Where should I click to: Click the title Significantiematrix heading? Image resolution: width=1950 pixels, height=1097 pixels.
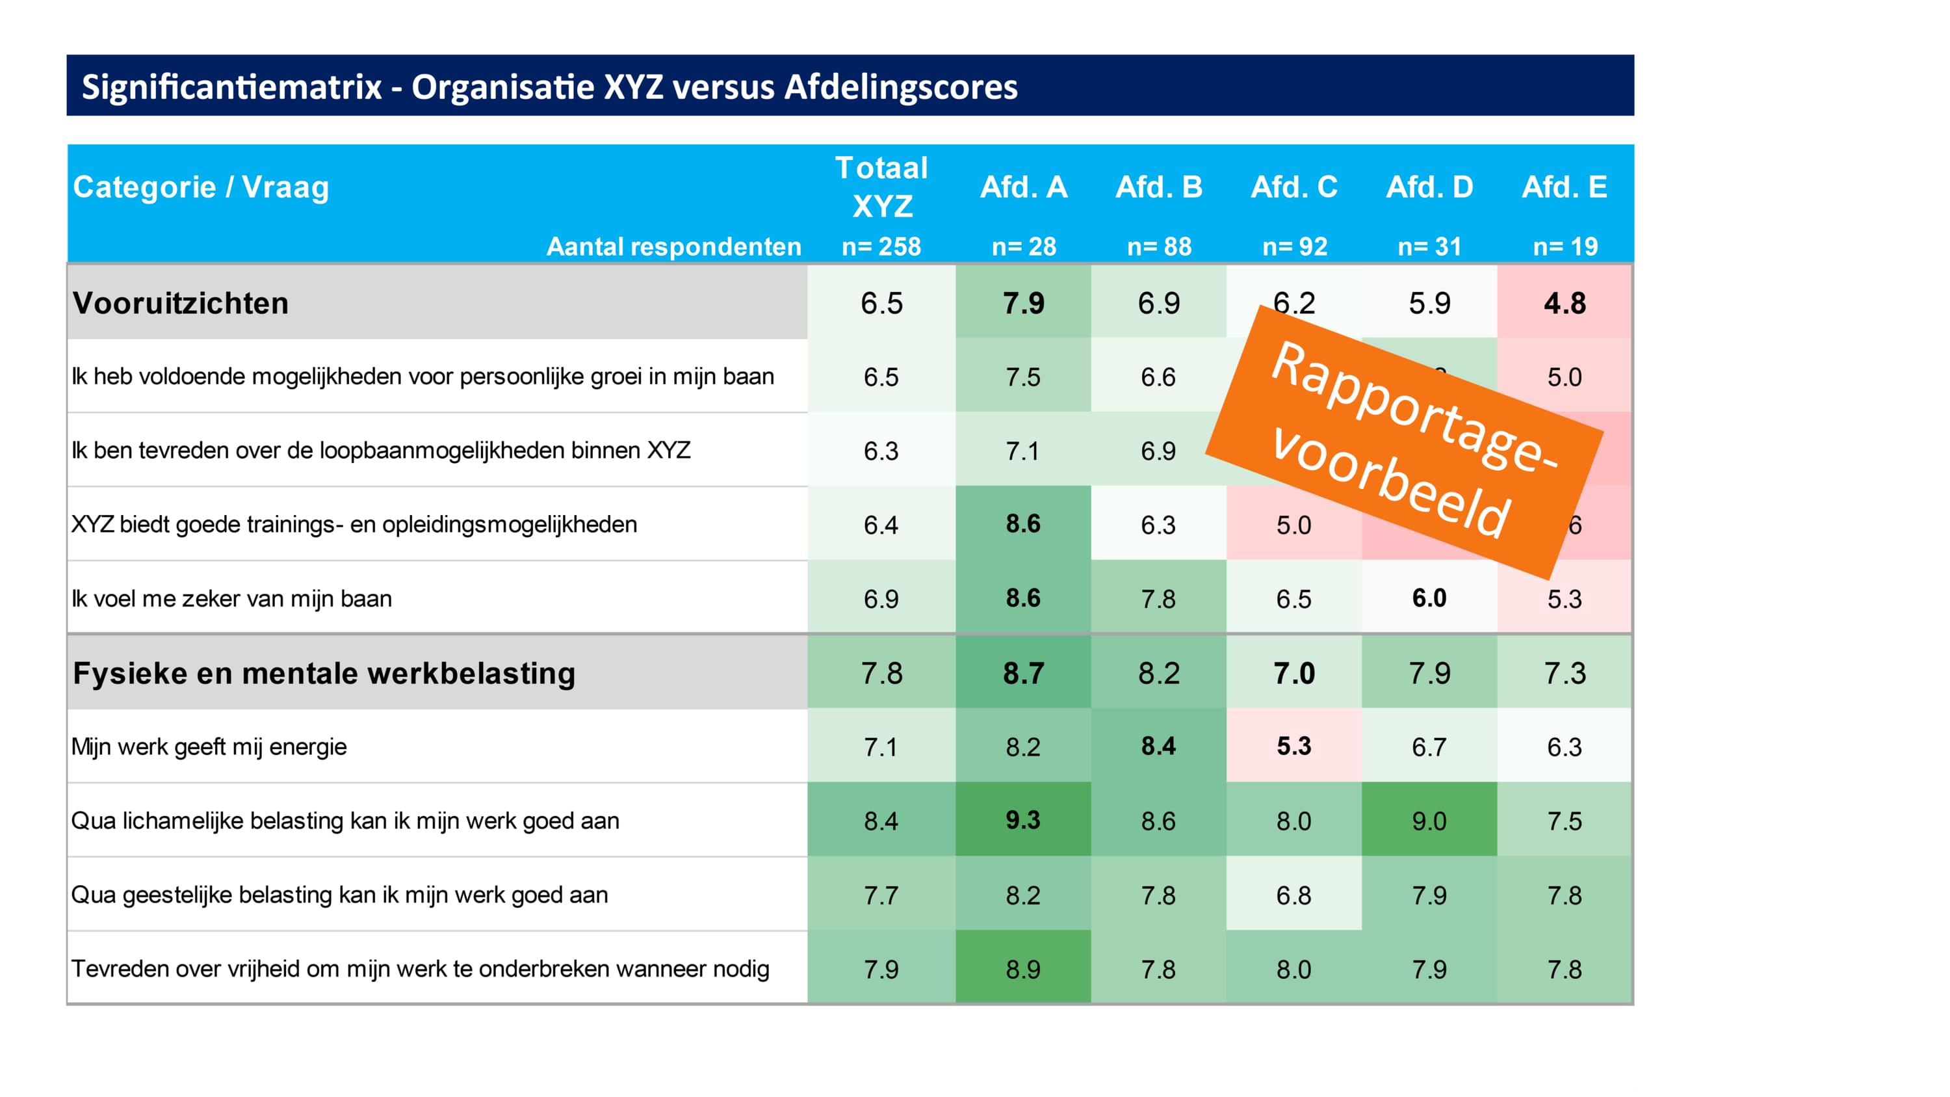[x=549, y=86]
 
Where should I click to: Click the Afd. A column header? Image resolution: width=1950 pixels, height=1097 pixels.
[x=1024, y=187]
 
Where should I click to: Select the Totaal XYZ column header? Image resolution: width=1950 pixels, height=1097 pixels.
[x=881, y=187]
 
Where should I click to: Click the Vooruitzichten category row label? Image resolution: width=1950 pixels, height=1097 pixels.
[x=181, y=303]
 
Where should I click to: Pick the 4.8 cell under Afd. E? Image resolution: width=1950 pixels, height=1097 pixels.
[x=1565, y=303]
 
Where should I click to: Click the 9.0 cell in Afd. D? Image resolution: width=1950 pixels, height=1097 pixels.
[x=1429, y=821]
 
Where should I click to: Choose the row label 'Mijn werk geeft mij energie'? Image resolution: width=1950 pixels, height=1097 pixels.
[x=209, y=747]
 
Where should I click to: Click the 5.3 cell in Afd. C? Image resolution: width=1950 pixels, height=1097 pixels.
[x=1294, y=747]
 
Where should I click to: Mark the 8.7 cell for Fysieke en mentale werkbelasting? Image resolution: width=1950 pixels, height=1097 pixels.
[x=1024, y=673]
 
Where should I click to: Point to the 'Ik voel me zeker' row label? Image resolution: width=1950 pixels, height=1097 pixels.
[x=231, y=599]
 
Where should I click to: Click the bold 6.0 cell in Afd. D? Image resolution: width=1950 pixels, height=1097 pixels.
[x=1429, y=598]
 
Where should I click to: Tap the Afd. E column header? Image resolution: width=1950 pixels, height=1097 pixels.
[x=1565, y=187]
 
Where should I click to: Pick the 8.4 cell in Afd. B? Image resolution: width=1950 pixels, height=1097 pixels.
[x=1159, y=747]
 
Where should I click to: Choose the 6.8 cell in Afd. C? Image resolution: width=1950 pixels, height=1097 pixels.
[x=1294, y=895]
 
